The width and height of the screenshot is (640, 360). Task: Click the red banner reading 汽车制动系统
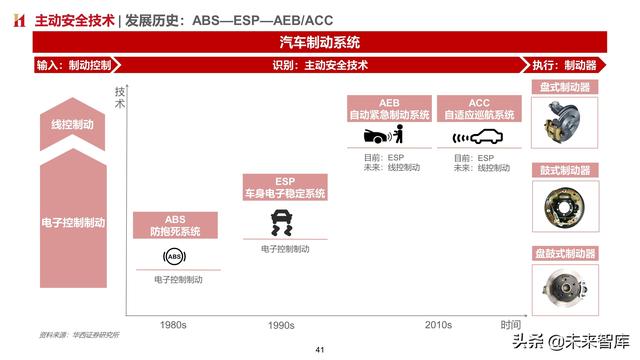pos(320,43)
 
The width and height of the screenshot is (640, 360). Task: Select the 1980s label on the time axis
pos(181,325)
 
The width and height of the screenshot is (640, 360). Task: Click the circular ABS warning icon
pos(173,258)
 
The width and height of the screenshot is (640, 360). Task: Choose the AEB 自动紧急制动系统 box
pos(389,109)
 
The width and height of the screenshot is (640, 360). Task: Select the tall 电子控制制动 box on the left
pos(73,222)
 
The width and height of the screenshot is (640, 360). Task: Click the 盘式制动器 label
pos(565,87)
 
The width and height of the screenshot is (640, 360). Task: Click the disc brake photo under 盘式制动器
pos(566,125)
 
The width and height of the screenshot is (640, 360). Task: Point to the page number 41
pos(320,350)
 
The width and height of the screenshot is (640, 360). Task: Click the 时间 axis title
pos(511,325)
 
